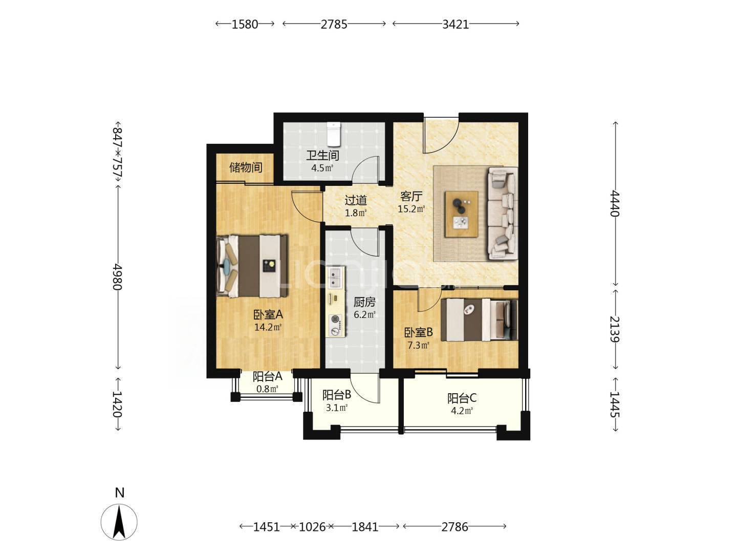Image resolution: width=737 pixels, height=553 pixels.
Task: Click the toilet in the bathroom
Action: click(334, 134)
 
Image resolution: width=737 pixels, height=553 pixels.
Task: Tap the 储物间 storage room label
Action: click(246, 167)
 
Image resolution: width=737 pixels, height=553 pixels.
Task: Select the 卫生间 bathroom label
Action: click(322, 156)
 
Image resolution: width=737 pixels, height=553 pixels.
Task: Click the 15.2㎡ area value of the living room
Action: click(411, 209)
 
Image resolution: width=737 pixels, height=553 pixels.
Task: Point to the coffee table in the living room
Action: click(461, 215)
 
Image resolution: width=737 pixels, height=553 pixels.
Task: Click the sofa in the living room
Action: click(502, 214)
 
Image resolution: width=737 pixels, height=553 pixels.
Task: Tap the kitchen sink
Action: click(335, 278)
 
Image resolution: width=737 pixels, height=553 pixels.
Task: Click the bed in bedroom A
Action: click(252, 266)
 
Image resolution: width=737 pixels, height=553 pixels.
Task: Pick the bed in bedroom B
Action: click(479, 320)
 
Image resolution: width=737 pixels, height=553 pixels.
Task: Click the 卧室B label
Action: click(418, 332)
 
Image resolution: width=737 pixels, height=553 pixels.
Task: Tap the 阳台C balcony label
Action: click(462, 398)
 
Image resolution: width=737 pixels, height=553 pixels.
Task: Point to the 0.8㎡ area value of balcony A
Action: click(267, 389)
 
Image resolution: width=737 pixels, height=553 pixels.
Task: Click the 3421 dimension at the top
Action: click(456, 24)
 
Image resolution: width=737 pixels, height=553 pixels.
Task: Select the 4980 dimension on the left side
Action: click(118, 276)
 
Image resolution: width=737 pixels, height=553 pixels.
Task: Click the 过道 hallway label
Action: click(356, 200)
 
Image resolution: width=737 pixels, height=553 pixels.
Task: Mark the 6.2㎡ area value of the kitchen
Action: click(364, 314)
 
